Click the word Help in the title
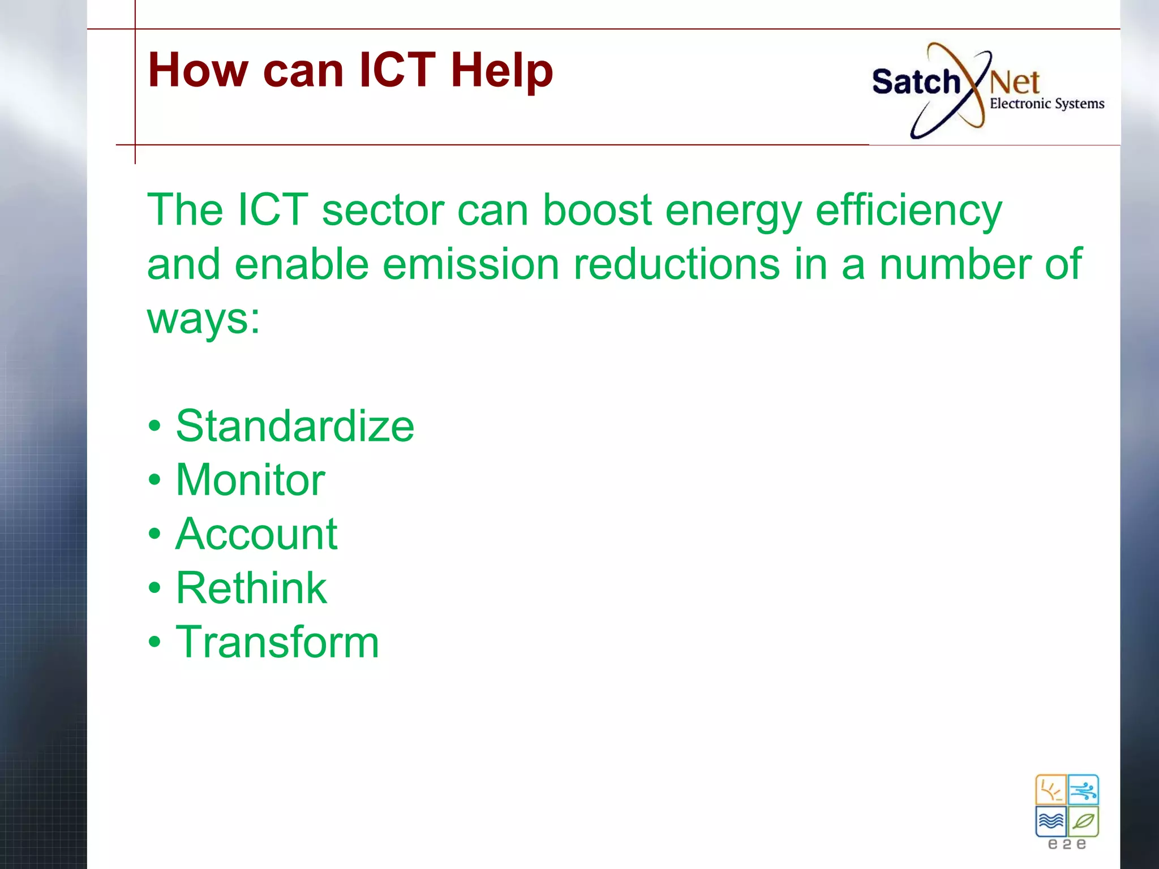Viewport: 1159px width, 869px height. [x=501, y=71]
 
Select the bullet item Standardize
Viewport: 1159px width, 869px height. [x=295, y=426]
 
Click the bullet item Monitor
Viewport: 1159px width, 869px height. [x=250, y=480]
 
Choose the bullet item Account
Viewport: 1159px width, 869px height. [x=256, y=534]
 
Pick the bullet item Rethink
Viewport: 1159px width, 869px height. [x=251, y=588]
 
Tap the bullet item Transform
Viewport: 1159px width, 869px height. [x=277, y=643]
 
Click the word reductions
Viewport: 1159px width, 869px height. [x=676, y=264]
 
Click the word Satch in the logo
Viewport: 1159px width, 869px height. [x=916, y=82]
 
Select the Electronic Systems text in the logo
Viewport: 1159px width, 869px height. [x=1047, y=104]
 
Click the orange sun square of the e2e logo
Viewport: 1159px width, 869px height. [x=1050, y=790]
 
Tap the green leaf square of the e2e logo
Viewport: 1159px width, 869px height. [x=1083, y=821]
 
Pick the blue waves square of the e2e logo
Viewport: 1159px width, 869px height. [x=1050, y=821]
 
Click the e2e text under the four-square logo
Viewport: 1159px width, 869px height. [x=1067, y=845]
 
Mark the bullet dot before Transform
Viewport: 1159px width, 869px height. [x=154, y=642]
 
